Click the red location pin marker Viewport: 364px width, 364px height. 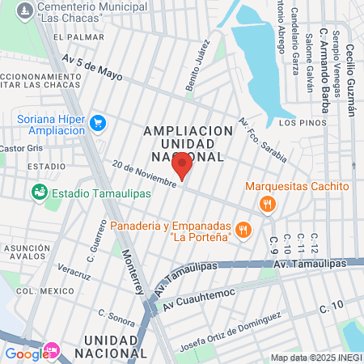click(183, 166)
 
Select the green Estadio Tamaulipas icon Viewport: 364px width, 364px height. click(38, 193)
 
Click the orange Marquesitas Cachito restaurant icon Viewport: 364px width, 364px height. click(266, 205)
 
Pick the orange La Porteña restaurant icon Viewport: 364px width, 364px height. click(243, 231)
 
